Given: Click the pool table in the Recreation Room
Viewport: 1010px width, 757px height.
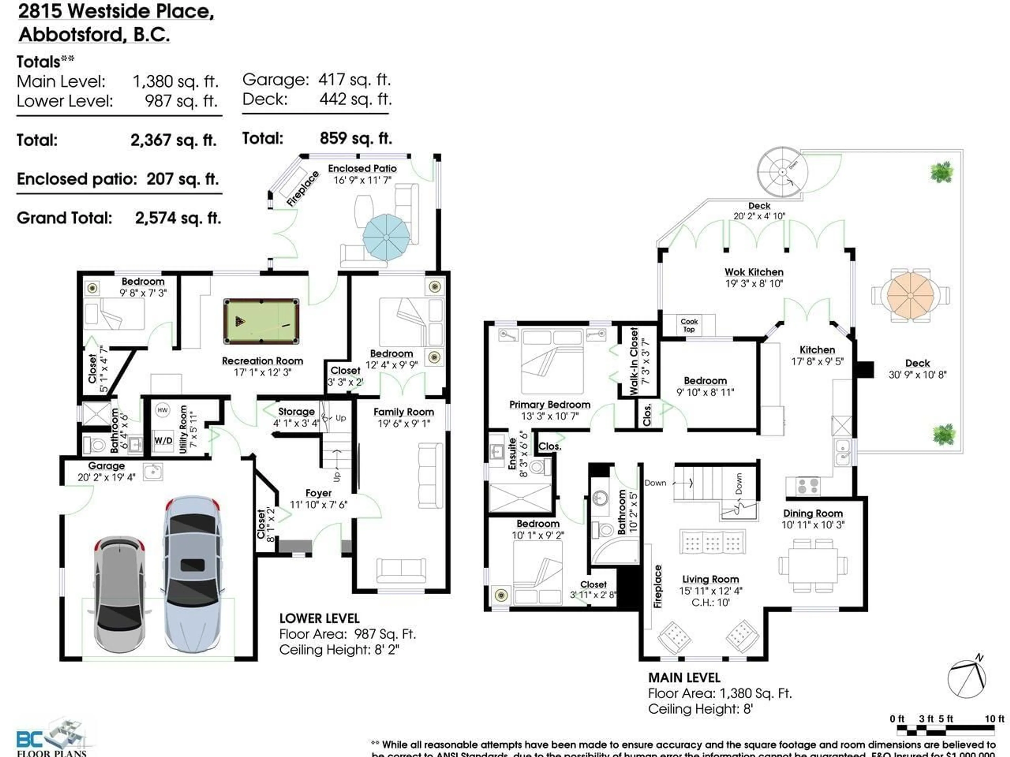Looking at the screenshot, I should (x=261, y=321).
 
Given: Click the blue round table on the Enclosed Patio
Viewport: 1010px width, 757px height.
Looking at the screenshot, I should (x=386, y=237).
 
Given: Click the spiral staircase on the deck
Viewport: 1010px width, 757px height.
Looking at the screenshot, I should (x=782, y=172).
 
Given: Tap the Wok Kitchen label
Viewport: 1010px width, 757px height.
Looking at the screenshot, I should (x=754, y=272).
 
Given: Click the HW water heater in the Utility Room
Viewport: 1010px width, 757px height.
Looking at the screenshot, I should (x=163, y=410).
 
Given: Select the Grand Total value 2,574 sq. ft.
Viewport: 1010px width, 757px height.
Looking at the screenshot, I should (x=178, y=218).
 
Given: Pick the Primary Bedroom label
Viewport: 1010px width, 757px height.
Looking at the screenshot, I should (x=550, y=405).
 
